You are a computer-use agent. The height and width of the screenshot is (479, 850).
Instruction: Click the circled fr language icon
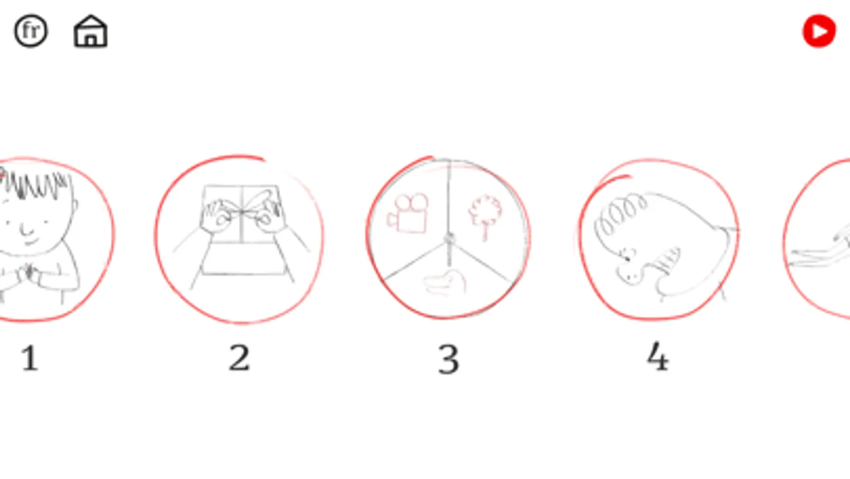31,31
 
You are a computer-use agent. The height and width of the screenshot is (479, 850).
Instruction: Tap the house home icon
90,31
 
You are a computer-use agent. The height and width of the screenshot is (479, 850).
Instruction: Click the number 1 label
30,358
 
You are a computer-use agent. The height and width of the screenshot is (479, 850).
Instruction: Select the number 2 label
239,358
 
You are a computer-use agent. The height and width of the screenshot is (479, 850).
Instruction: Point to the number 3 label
449,359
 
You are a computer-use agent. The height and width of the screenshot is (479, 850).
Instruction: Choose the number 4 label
658,356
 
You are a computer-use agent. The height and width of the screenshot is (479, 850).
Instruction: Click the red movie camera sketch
408,213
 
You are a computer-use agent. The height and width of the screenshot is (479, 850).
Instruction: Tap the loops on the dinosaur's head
619,214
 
